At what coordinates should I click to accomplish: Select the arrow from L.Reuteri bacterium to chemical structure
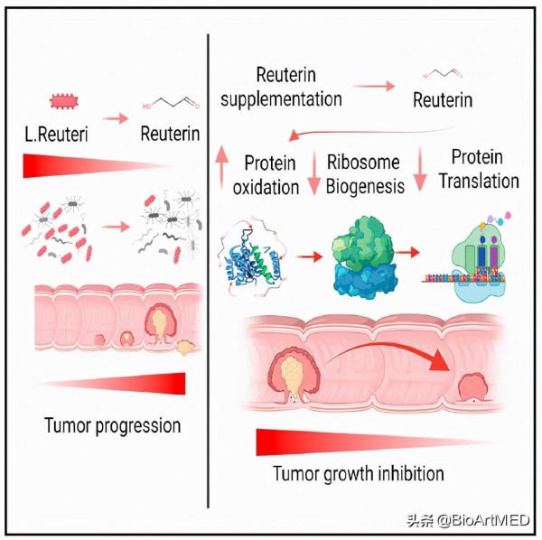115,118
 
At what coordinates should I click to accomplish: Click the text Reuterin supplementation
286,86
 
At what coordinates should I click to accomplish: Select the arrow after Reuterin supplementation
374,87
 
